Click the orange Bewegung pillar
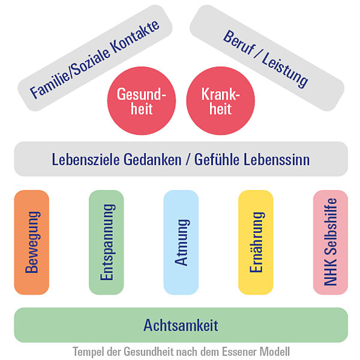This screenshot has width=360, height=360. pyautogui.click(x=31, y=242)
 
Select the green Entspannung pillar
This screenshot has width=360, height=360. pyautogui.click(x=106, y=242)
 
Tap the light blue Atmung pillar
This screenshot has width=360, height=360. pyautogui.click(x=181, y=242)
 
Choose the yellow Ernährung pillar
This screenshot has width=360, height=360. pyautogui.click(x=256, y=242)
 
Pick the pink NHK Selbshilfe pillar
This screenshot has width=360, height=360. pyautogui.click(x=331, y=242)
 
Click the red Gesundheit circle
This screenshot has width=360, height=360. pyautogui.click(x=142, y=101)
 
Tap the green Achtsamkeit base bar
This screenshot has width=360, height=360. pyautogui.click(x=181, y=325)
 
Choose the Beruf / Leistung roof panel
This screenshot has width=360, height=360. pyautogui.click(x=266, y=58)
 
